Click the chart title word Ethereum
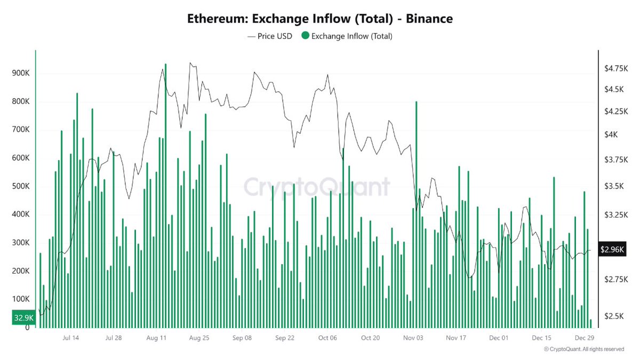click(x=217, y=19)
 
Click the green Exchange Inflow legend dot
click(x=305, y=36)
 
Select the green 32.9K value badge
click(x=23, y=318)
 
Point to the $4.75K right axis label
click(x=616, y=68)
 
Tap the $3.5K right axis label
click(x=613, y=186)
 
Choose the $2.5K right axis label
click(x=613, y=316)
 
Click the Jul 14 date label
click(x=70, y=338)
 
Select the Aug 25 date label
click(x=198, y=338)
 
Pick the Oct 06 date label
click(x=327, y=338)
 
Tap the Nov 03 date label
click(x=413, y=338)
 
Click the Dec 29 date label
click(x=585, y=338)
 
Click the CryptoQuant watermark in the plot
click(x=317, y=187)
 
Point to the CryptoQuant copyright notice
click(x=583, y=349)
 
